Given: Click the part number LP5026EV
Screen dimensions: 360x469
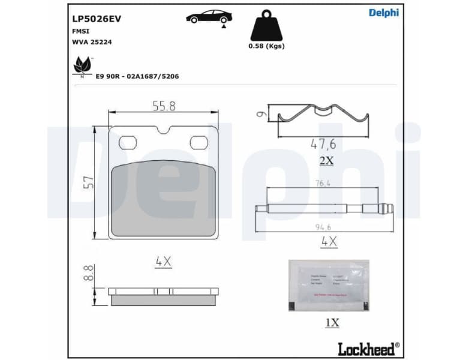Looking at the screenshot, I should click(x=97, y=19).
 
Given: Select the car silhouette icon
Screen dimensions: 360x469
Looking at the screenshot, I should click(x=209, y=17).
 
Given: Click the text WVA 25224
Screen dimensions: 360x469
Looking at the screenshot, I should click(x=91, y=43).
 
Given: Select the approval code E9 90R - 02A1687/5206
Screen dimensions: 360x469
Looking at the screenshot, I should click(x=137, y=77).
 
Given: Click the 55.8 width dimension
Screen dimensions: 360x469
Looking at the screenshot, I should click(x=164, y=106).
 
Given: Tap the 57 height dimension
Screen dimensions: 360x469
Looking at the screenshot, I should click(x=89, y=182).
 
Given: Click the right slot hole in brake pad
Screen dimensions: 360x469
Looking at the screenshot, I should click(x=199, y=142).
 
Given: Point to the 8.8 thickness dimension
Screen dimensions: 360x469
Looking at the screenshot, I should click(x=88, y=274).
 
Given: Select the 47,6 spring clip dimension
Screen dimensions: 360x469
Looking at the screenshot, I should click(x=323, y=144).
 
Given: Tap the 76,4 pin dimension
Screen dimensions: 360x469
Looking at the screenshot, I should click(x=323, y=184).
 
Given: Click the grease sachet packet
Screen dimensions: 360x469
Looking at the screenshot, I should click(x=329, y=285).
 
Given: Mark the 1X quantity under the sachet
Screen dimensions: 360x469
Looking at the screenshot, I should click(x=332, y=323).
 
